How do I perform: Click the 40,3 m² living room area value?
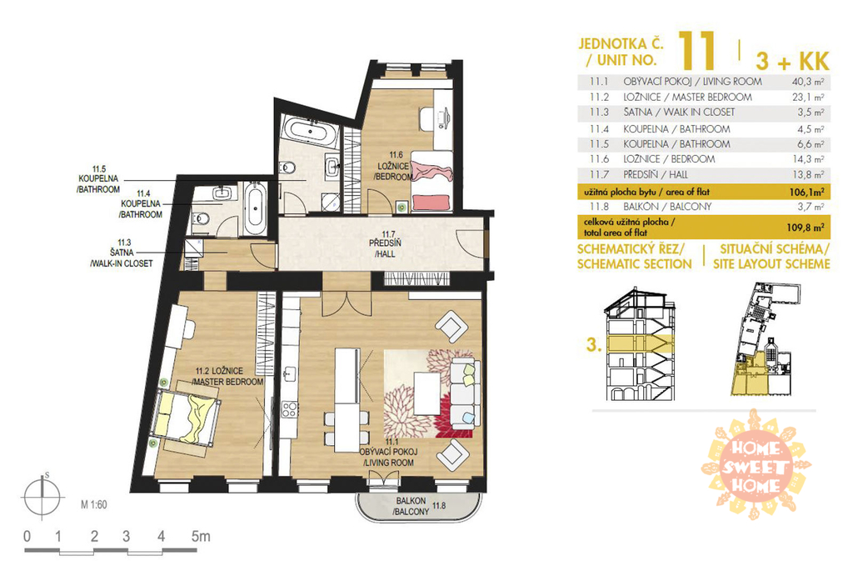[x=807, y=83]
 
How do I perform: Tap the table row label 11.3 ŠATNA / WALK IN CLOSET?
[x=662, y=113]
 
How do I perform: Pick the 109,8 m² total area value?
[x=806, y=228]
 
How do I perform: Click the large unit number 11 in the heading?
[x=696, y=51]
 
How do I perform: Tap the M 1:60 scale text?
[x=94, y=504]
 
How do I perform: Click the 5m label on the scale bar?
[x=200, y=536]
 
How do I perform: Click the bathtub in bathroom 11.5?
[x=308, y=131]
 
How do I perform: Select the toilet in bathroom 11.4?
[x=201, y=218]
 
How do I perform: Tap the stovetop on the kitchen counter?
[x=289, y=409]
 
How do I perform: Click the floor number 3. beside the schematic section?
[x=593, y=345]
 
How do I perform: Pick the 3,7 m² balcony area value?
[x=811, y=207]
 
